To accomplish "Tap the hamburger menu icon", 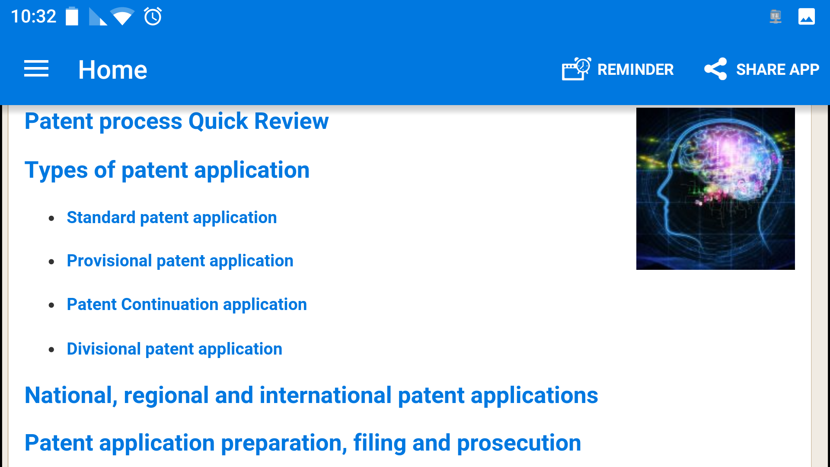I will click(36, 69).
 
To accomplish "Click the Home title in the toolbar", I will click(112, 70).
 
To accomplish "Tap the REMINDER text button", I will click(635, 69).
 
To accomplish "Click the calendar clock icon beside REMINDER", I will click(576, 69).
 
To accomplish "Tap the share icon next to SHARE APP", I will click(715, 69).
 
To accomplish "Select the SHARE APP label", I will click(777, 69).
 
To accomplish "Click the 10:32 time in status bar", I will click(33, 16).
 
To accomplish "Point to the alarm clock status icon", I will click(153, 16).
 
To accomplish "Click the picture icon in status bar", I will click(806, 17).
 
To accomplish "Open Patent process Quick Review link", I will click(176, 121).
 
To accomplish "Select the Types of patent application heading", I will click(167, 170).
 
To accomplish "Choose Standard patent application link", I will click(172, 218).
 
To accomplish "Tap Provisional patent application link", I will click(180, 261).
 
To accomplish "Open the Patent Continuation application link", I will click(187, 304).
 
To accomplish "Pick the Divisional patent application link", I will click(174, 349).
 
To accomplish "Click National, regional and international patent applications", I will click(311, 395).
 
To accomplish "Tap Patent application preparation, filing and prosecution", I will click(303, 443).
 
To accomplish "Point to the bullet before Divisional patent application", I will click(51, 349).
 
